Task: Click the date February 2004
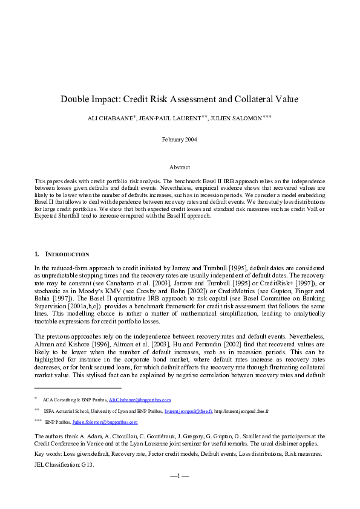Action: [179, 139]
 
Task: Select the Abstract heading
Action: [180, 167]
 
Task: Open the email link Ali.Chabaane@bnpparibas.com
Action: [140, 400]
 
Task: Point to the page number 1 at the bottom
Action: [180, 476]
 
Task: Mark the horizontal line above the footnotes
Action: [78, 387]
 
